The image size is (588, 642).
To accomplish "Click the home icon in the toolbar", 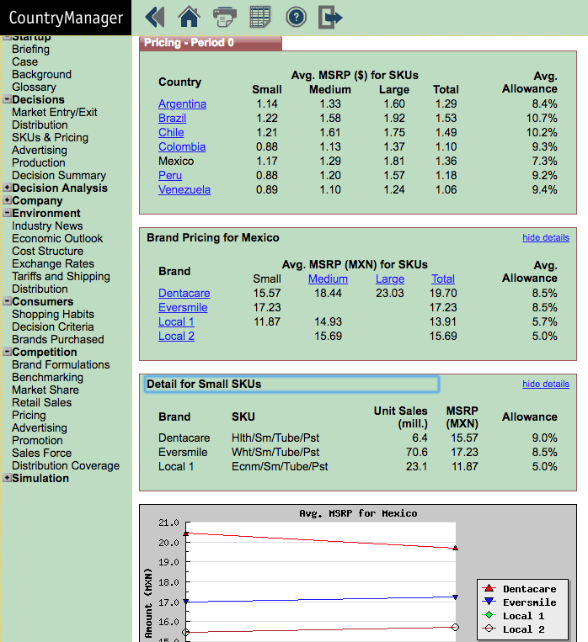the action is [x=189, y=17].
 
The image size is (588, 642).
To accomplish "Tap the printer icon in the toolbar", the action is [x=225, y=17].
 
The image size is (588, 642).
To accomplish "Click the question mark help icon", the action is [x=296, y=17].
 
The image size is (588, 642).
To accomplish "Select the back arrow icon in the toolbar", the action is [x=155, y=17].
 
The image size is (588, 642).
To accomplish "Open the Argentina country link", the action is [x=182, y=104].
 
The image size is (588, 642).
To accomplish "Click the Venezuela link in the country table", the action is [x=184, y=190].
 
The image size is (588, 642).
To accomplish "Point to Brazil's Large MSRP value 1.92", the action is [x=394, y=119].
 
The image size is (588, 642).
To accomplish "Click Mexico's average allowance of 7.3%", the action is [x=544, y=162].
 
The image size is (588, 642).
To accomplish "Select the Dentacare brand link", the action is [x=184, y=293].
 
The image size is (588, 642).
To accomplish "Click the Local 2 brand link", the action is [x=176, y=337].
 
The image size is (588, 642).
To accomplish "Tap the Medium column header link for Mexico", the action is [x=328, y=279].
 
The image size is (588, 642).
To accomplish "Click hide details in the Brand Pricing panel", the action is [x=546, y=237].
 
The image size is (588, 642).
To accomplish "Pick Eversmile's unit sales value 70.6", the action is [x=417, y=453].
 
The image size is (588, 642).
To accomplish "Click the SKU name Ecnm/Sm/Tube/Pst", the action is [x=280, y=467].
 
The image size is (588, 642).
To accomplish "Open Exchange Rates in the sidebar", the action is [x=53, y=263].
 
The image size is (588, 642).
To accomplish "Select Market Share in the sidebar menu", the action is [x=45, y=390].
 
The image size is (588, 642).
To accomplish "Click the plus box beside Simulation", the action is [x=7, y=478].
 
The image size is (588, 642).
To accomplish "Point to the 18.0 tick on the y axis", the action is [x=169, y=582].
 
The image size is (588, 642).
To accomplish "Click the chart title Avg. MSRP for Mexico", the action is [x=358, y=513].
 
